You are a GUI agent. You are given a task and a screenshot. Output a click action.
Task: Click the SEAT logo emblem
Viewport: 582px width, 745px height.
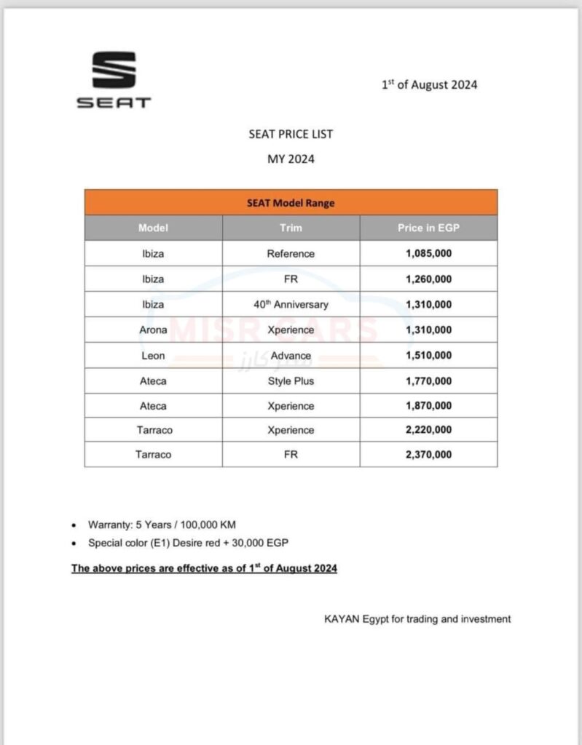[114, 71]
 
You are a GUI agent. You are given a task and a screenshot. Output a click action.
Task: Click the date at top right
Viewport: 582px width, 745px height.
[429, 84]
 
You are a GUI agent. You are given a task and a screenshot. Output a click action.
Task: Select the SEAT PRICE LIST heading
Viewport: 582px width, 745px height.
[291, 134]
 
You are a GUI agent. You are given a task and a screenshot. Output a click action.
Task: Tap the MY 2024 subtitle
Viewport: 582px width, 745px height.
[291, 159]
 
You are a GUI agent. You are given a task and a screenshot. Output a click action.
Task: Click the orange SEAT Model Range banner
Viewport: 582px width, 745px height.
[291, 203]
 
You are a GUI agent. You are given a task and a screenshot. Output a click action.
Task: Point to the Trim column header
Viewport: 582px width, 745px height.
[291, 228]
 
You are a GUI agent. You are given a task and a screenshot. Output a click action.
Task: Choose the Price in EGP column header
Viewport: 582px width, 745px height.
[428, 228]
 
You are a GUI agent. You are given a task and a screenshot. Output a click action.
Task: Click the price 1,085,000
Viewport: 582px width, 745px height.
[428, 254]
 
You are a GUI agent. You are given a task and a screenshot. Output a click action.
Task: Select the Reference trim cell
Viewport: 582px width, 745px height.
[291, 254]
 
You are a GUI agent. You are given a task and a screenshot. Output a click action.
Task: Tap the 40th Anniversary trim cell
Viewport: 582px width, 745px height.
[291, 305]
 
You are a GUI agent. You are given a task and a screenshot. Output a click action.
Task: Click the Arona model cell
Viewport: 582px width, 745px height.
[153, 330]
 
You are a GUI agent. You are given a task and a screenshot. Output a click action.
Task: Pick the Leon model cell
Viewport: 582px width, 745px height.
[153, 356]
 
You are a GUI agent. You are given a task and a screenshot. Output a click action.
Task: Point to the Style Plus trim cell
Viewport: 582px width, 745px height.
[291, 381]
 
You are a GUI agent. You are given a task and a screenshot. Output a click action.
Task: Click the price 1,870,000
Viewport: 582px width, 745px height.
[428, 406]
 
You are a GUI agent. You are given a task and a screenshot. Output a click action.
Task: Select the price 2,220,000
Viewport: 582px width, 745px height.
[428, 430]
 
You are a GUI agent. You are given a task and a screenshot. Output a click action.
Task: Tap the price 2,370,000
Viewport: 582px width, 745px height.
[428, 455]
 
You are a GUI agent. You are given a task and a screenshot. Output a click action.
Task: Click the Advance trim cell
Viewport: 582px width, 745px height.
[291, 356]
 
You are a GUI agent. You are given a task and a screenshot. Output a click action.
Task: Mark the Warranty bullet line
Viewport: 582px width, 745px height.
[162, 525]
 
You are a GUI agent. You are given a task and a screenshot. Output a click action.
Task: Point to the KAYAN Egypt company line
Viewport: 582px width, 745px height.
[417, 619]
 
